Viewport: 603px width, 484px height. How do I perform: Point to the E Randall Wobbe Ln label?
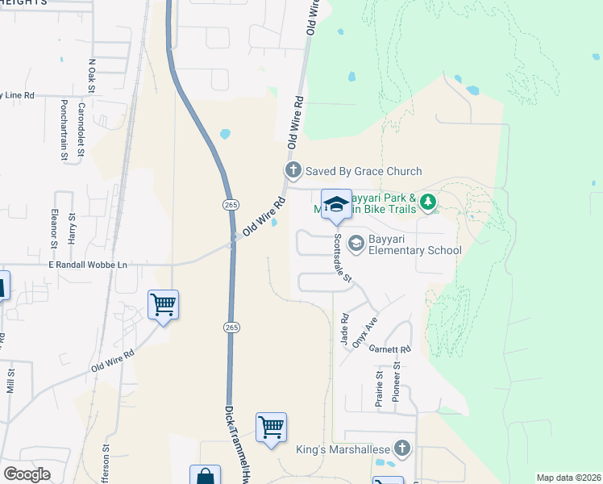point(88,265)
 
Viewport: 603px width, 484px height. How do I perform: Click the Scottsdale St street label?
point(343,258)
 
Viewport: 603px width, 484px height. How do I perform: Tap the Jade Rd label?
point(344,330)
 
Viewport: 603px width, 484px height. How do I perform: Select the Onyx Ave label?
point(370,331)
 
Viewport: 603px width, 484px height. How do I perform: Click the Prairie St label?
point(379,386)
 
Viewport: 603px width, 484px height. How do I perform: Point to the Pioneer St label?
point(397,377)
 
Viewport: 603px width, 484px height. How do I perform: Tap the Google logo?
point(27,474)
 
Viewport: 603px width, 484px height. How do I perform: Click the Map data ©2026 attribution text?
point(568,478)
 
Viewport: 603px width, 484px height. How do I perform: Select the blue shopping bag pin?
point(205,476)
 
